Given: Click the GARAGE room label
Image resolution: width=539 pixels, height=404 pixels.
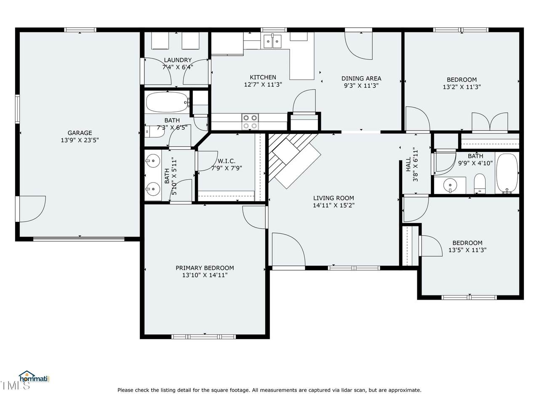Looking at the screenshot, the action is tap(80, 133).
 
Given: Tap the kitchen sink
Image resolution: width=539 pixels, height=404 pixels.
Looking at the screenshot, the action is tap(272, 42).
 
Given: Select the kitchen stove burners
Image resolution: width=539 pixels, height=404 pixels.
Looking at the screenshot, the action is tap(250, 122).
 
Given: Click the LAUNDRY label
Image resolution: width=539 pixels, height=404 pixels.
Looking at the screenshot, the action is tap(178, 60).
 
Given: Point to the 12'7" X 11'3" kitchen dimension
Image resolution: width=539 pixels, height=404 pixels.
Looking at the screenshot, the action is tap(263, 85).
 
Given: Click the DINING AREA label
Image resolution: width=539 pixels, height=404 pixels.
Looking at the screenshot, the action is tap(361, 79).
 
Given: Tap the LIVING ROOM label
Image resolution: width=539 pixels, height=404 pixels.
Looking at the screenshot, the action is tap(334, 198).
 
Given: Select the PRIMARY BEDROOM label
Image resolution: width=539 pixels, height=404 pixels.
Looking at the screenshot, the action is tap(205, 268).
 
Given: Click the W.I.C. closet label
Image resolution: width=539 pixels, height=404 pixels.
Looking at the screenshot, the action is tap(227, 161).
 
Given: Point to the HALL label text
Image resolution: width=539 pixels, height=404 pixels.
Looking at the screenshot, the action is tap(408, 165).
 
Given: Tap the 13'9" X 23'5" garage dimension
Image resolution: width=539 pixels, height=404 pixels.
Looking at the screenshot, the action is tap(80, 140).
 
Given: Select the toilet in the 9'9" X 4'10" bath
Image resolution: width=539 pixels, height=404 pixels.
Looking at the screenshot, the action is tap(480, 184).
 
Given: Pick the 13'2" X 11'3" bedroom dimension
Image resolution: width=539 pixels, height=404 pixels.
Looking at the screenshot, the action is tap(462, 87).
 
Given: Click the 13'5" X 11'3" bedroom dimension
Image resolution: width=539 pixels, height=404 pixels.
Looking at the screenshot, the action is tap(467, 250).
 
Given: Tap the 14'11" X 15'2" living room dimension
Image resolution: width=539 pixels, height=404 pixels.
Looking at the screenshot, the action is tap(334, 205).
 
